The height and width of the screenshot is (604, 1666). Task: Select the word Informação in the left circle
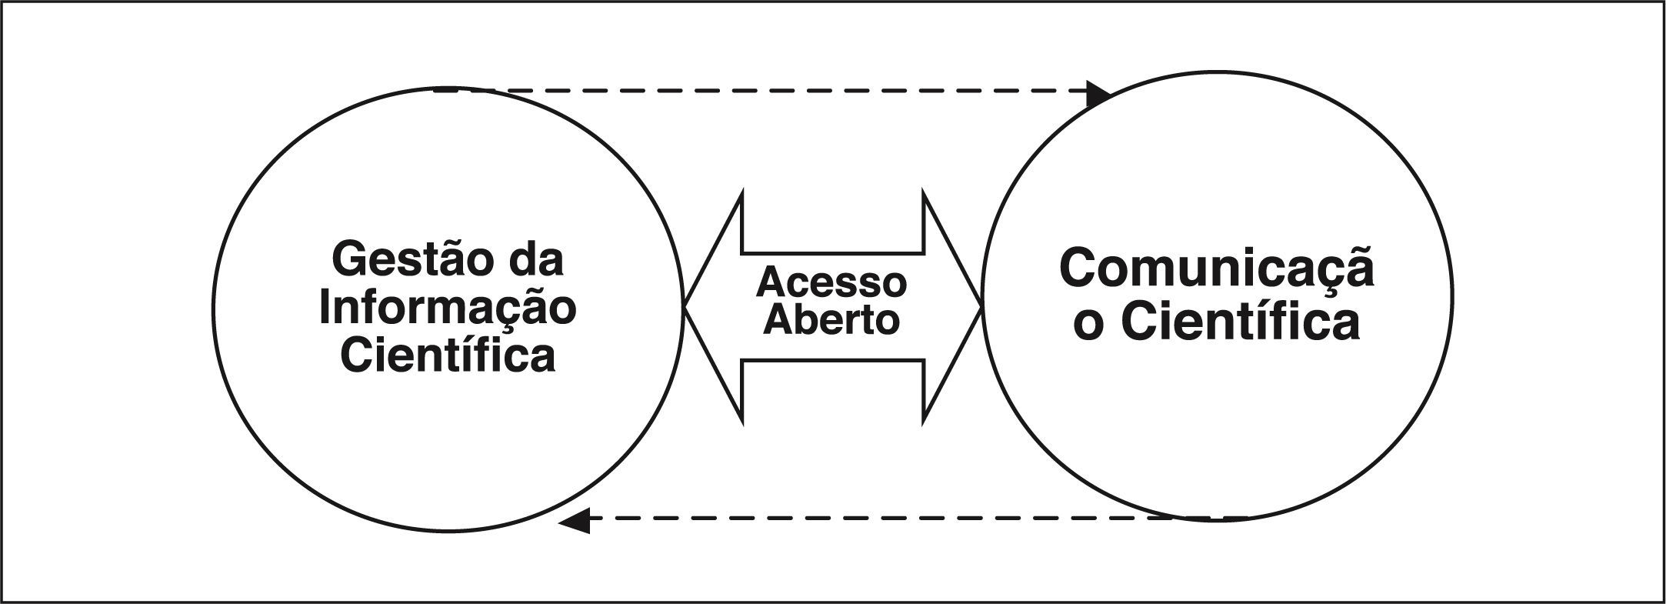point(448,309)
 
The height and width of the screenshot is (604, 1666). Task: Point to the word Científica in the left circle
point(448,355)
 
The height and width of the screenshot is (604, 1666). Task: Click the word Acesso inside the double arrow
point(831,282)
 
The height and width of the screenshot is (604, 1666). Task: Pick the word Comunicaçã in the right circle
point(1216,269)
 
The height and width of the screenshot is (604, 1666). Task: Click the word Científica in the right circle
point(1240,322)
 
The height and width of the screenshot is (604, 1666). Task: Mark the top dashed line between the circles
point(769,91)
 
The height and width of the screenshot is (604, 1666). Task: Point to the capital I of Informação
point(325,307)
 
